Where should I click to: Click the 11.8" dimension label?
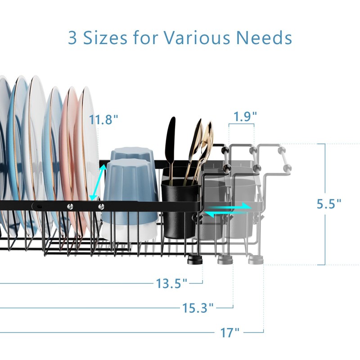(103, 120)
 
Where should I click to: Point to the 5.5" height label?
(328, 203)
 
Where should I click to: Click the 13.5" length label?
(171, 283)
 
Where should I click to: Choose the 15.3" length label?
(198, 308)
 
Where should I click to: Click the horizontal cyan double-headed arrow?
(227, 209)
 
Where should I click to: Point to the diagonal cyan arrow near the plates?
(100, 181)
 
